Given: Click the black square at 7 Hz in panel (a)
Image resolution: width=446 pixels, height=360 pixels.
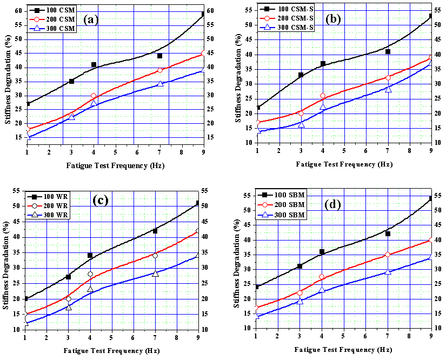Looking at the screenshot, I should [x=160, y=56].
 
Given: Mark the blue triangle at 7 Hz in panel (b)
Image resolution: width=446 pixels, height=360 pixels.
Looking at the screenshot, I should [x=388, y=89].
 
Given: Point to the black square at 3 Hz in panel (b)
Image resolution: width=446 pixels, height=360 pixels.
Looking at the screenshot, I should [x=301, y=75].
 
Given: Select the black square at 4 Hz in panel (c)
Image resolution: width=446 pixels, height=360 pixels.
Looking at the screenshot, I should [x=90, y=255].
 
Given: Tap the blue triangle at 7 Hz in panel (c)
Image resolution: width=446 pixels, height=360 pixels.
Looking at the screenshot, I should [x=155, y=274].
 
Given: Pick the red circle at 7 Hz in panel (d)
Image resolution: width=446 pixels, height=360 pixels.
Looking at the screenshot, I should [x=388, y=255].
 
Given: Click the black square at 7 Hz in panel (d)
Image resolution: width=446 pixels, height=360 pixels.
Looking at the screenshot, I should [x=388, y=234].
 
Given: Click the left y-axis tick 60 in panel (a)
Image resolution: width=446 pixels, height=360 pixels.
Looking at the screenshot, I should [x=18, y=11].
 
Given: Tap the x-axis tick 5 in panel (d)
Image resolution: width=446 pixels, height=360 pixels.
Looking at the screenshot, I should [x=343, y=335].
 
